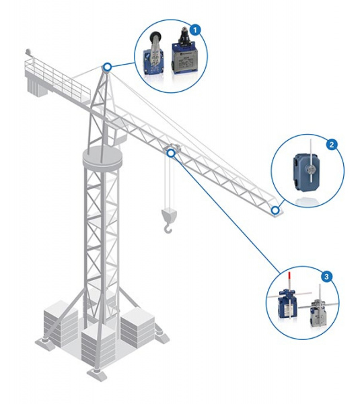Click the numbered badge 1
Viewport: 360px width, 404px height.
(x=195, y=30)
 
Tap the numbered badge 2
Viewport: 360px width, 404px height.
(x=332, y=144)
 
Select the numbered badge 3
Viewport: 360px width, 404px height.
(x=326, y=277)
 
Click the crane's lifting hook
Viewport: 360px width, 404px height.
(x=168, y=228)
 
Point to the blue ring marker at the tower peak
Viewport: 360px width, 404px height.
(x=107, y=67)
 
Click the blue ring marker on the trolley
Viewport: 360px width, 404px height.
(x=171, y=154)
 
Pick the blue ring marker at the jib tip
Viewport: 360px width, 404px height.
(x=275, y=210)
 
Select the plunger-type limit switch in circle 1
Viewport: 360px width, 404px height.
(x=182, y=55)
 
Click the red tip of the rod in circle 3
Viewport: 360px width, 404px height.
(x=289, y=277)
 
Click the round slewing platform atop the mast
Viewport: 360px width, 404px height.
(x=102, y=157)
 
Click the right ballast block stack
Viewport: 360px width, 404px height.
(x=137, y=327)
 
